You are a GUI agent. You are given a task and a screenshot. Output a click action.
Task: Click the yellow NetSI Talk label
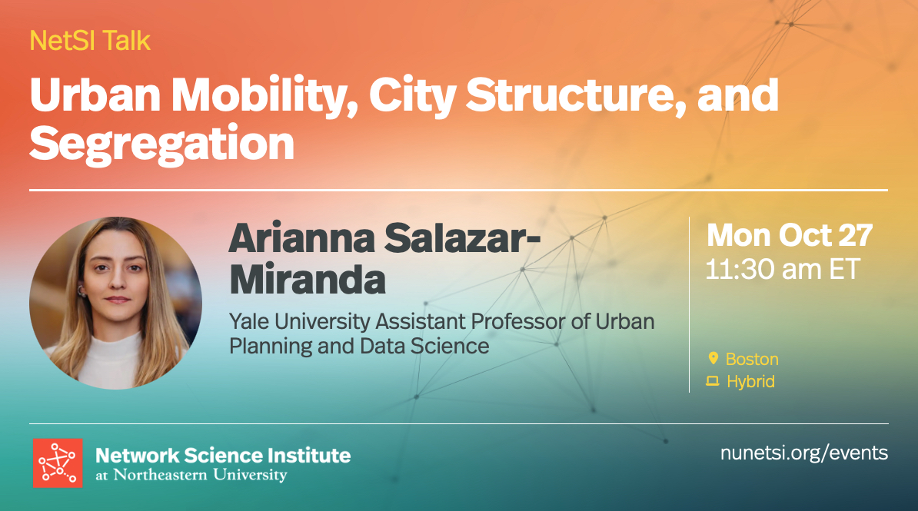(90, 41)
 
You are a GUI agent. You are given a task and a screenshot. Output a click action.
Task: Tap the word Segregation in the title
(161, 144)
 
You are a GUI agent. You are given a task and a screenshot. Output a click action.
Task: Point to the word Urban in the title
(95, 95)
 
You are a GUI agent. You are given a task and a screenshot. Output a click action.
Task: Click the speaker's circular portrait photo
(116, 304)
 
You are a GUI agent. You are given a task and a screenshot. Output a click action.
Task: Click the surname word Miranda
(308, 280)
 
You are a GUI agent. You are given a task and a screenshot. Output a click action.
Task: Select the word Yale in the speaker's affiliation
(248, 321)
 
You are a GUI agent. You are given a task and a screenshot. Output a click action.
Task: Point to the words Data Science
(424, 346)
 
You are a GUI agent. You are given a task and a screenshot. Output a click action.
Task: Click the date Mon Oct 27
(789, 235)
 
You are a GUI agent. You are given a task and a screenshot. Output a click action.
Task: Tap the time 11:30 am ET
(782, 270)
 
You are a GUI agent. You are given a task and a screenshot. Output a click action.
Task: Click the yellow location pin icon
(713, 358)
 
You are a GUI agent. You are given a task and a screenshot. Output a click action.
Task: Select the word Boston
(753, 359)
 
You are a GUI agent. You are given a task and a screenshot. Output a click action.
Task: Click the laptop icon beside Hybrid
(713, 381)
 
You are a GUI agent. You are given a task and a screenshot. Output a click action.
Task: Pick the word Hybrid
(750, 382)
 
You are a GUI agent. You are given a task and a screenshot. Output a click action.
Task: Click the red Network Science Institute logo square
(58, 463)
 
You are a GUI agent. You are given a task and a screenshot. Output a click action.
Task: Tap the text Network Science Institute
(223, 456)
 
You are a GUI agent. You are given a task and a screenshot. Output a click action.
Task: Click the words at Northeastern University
(191, 475)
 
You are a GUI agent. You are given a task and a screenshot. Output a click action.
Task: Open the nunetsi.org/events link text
(804, 453)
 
